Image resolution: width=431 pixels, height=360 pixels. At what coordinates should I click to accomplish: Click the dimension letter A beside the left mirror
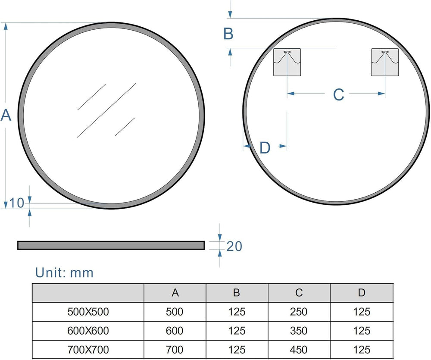point(6,115)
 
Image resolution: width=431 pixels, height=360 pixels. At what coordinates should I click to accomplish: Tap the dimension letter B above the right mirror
point(228,34)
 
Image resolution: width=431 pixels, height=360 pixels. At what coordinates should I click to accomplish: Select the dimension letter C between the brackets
point(338,94)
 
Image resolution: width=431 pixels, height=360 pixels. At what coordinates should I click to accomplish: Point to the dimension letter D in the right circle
point(265,148)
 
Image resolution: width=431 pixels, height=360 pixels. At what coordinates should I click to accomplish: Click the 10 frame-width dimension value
point(17,203)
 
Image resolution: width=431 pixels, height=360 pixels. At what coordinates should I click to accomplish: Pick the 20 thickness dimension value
point(234,247)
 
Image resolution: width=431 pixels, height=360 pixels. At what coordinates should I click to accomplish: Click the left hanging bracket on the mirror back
point(287,62)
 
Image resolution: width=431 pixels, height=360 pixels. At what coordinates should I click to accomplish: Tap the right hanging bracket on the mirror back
point(385,62)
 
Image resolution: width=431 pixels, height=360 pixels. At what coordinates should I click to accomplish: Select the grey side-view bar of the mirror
point(111,245)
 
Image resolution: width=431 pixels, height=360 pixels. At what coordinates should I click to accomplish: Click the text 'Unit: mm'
point(64,272)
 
